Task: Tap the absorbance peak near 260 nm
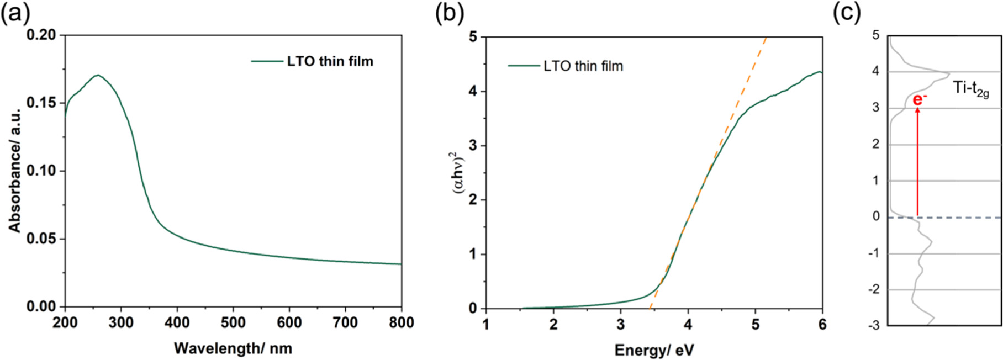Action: (x=97, y=75)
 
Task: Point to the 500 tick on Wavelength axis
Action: (x=233, y=322)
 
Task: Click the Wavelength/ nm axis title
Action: (x=233, y=348)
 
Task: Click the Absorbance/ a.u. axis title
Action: (x=14, y=170)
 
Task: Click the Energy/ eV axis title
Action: (x=654, y=350)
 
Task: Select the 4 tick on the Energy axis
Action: (x=688, y=324)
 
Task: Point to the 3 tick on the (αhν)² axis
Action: (x=472, y=146)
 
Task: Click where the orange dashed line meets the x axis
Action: (x=650, y=308)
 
